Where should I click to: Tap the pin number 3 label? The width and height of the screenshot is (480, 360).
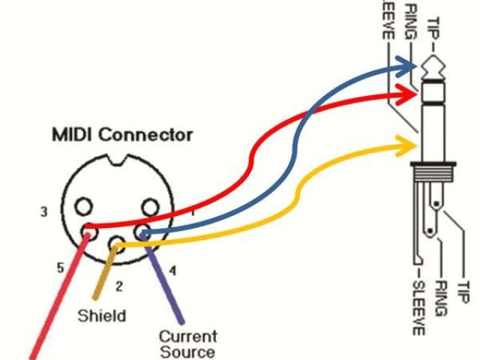(44, 212)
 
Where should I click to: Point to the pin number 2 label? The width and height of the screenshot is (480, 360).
(118, 286)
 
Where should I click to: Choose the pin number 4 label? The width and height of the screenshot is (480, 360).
(173, 270)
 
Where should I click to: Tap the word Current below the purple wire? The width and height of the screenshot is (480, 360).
(187, 337)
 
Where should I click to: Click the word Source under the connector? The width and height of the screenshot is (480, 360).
(187, 351)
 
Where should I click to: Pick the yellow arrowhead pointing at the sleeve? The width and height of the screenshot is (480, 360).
(411, 139)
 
